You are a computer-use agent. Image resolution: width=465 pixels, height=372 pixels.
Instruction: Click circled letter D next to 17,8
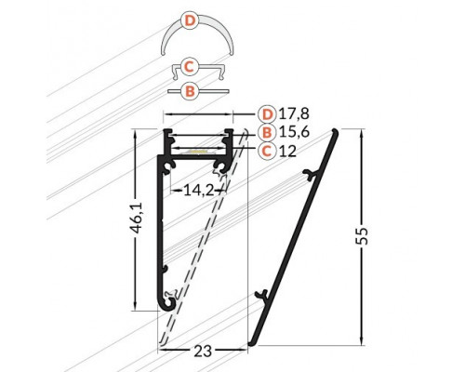click(268, 114)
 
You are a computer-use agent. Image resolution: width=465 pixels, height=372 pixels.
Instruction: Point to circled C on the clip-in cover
click(190, 66)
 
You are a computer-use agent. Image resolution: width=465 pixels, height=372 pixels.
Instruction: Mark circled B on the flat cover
click(190, 91)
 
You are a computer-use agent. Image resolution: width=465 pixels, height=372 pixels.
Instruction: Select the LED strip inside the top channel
click(198, 149)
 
